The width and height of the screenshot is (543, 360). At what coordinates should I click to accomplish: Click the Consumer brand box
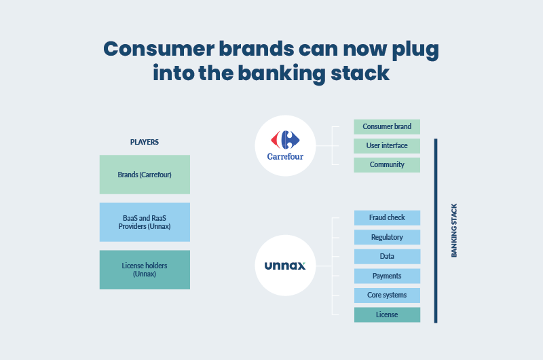[x=387, y=127]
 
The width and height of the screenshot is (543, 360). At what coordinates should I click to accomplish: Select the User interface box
[x=387, y=146]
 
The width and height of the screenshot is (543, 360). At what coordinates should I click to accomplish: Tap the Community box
[x=387, y=165]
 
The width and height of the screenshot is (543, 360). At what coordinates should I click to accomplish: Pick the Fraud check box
[x=387, y=218]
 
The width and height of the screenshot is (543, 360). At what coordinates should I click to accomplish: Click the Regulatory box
[x=387, y=237]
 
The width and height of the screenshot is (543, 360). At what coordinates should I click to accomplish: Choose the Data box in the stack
[x=387, y=257]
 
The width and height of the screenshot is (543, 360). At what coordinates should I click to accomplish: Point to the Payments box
[x=387, y=276]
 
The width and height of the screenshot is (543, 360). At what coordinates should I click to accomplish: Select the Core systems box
[x=387, y=295]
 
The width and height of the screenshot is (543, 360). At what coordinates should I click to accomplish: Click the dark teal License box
[x=387, y=315]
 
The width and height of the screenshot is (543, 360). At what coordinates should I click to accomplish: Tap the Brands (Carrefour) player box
[x=145, y=175]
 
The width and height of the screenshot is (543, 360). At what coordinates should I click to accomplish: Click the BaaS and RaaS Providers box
[x=145, y=222]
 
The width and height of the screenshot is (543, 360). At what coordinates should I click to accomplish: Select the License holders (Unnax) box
[x=145, y=270]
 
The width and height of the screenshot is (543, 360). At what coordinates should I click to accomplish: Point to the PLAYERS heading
[x=145, y=142]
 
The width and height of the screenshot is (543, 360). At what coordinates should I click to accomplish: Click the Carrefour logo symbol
[x=285, y=140]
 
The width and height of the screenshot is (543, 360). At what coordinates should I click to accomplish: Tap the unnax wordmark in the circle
[x=285, y=266]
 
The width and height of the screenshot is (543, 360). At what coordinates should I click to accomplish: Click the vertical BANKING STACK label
[x=454, y=230]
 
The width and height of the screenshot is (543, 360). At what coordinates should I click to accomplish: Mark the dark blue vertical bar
[x=436, y=231]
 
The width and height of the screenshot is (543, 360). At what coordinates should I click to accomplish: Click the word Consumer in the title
[x=159, y=49]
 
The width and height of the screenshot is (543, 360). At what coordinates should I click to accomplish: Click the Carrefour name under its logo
[x=285, y=157]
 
